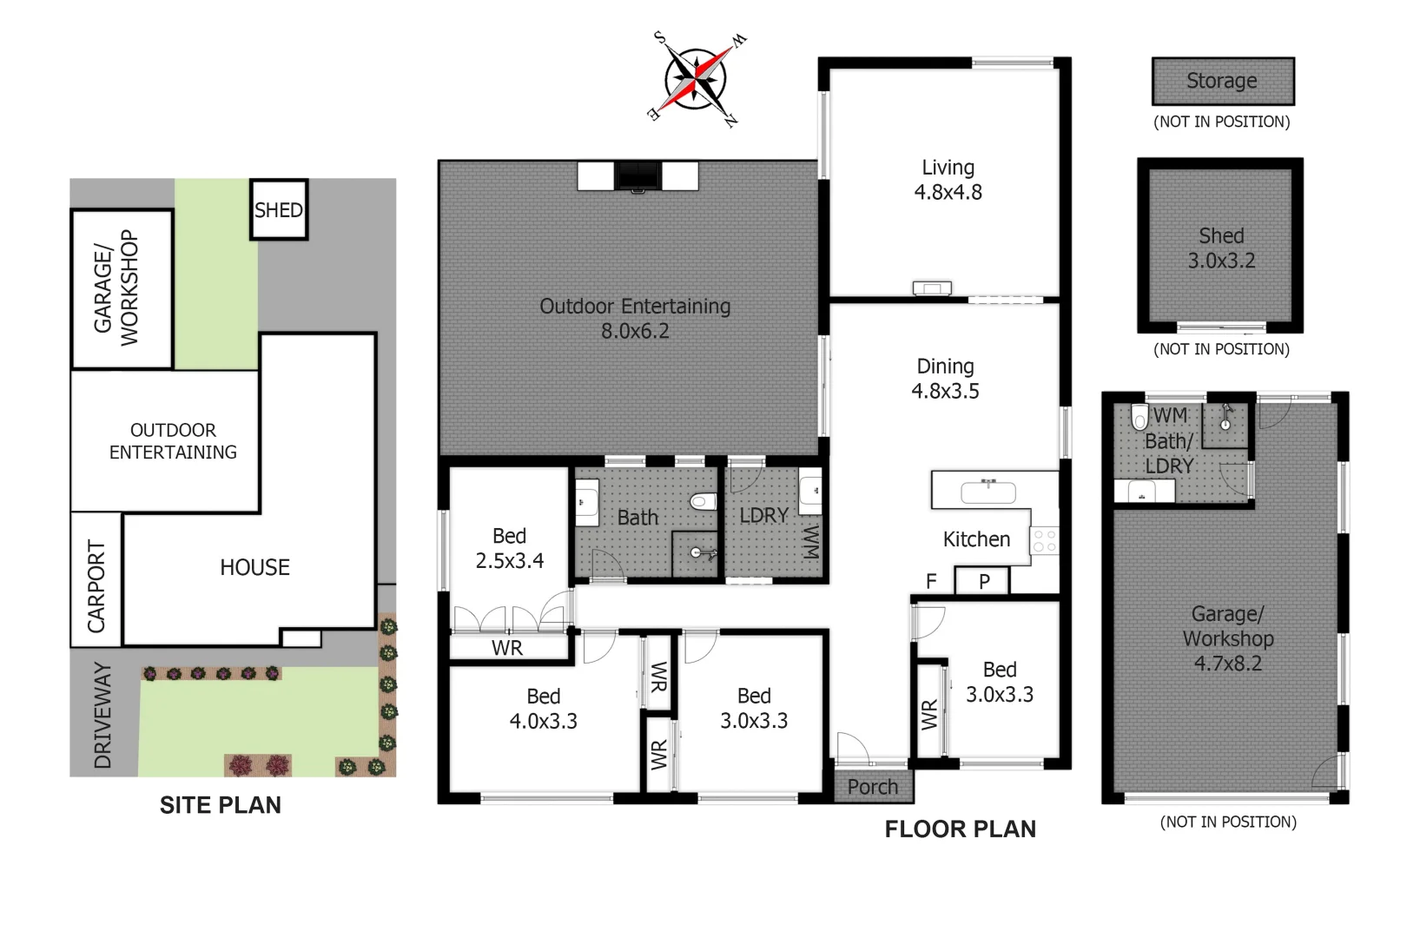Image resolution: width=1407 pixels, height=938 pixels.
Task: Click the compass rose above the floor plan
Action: point(697,79)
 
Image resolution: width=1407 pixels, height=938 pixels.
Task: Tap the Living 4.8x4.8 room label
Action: point(948,180)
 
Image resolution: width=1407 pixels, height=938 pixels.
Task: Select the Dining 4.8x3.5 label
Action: point(945,379)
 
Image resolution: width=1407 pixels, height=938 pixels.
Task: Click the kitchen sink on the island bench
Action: point(988,492)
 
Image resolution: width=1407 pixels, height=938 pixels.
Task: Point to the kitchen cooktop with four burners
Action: point(1045,541)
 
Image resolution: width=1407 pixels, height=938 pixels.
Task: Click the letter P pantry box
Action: point(983,581)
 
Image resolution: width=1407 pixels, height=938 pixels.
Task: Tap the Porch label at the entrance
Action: point(872,787)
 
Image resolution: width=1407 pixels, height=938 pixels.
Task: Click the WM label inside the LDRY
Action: point(809,540)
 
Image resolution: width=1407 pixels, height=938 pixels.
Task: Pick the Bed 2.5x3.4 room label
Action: point(509,548)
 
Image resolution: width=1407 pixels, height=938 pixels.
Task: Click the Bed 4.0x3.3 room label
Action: point(543,709)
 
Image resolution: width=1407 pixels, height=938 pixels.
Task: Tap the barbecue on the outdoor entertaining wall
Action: point(637,175)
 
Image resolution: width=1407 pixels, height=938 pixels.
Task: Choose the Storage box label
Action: point(1221,81)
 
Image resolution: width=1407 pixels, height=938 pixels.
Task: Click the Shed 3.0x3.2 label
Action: point(1221,248)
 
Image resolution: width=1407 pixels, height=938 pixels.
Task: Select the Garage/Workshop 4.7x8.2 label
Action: point(1227,638)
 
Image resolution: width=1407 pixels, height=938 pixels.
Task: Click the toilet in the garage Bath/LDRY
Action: point(1139,418)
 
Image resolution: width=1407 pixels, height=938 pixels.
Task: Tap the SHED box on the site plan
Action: point(279,210)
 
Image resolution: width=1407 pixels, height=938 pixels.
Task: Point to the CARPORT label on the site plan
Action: point(96,586)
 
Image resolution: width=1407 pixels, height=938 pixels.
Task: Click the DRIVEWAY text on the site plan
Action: point(102,716)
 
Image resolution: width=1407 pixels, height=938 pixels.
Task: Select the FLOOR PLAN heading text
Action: point(960,829)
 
